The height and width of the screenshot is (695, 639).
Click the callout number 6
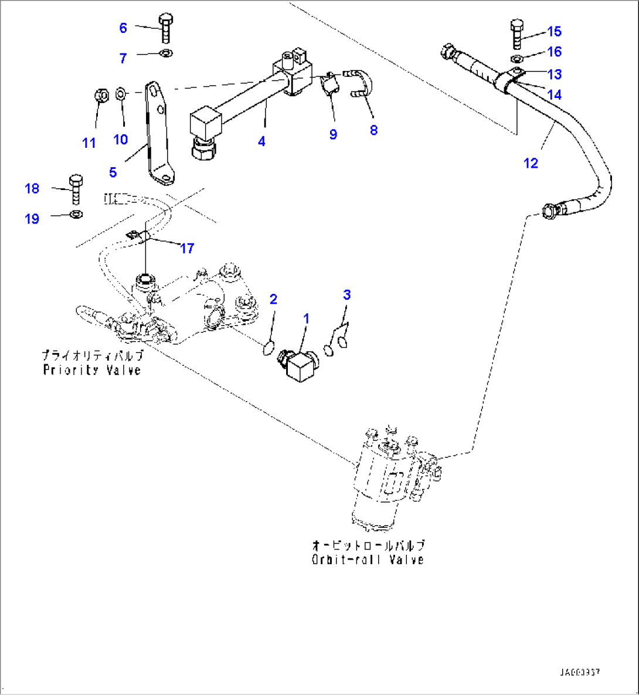click(x=123, y=28)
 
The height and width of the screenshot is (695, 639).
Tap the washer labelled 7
click(x=166, y=55)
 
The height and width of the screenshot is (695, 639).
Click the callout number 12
click(x=531, y=163)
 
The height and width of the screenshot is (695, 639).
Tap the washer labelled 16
click(x=516, y=59)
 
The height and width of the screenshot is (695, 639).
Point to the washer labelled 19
click(x=76, y=214)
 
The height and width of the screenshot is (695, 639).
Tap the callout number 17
click(x=187, y=249)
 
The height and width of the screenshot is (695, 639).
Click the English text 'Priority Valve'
click(x=92, y=370)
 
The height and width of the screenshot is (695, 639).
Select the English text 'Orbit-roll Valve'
click(x=368, y=560)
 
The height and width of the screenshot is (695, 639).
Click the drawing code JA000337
click(x=579, y=672)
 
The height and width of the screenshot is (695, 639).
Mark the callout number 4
click(x=261, y=141)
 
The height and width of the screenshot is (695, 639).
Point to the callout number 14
click(x=554, y=94)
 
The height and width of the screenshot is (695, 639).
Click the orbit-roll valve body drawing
click(x=384, y=475)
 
